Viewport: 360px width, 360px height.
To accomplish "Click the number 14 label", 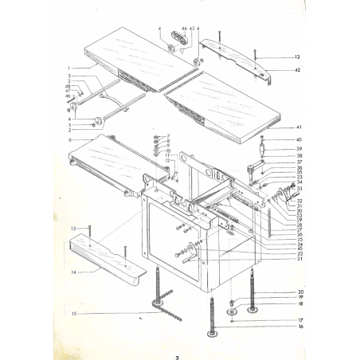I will click(x=72, y=272).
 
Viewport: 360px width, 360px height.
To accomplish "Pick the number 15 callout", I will click(x=72, y=314).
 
